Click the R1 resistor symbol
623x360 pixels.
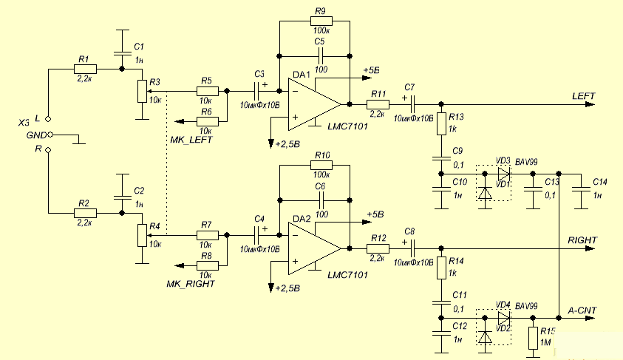click(x=85, y=69)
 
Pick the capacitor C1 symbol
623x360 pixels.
click(x=121, y=53)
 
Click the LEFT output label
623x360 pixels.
click(x=583, y=97)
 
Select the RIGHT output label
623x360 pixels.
click(x=582, y=241)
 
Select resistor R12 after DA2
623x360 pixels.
click(x=378, y=248)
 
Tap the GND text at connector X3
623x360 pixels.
click(x=36, y=135)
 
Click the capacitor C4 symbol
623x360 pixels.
click(x=258, y=235)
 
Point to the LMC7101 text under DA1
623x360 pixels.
click(x=346, y=128)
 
